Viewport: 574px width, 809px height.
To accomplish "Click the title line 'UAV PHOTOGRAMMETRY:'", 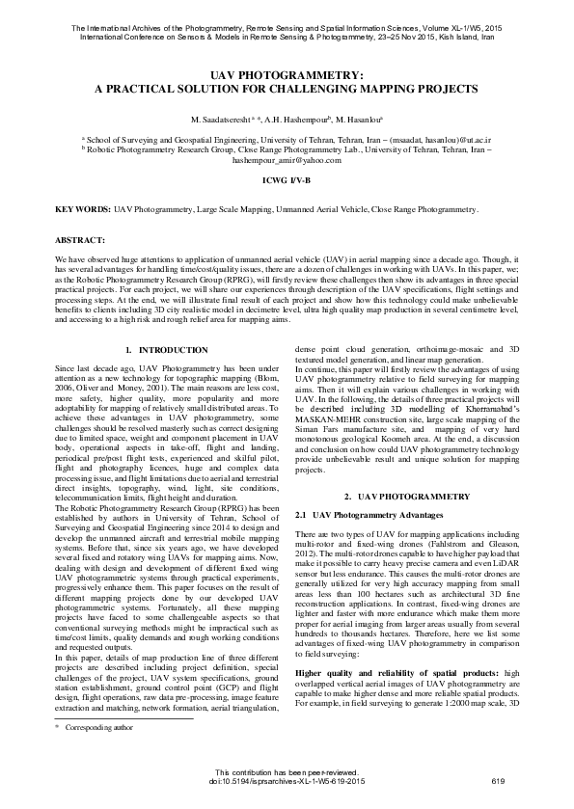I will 287,74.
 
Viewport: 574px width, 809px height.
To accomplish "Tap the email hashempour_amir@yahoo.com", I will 287,160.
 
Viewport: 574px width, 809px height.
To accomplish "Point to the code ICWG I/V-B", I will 287,180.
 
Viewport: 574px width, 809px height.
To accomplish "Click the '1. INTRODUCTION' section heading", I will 168,348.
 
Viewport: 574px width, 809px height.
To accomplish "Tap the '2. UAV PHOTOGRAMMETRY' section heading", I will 407,496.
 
